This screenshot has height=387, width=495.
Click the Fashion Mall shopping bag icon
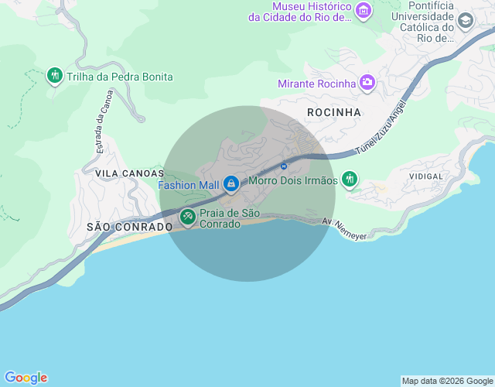[x=230, y=184]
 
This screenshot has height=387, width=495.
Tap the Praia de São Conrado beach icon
[x=188, y=218]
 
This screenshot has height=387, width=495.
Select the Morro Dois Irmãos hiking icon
[x=350, y=180]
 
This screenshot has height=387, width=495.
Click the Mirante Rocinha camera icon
[x=367, y=82]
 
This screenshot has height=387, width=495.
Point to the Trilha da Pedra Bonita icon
[x=54, y=76]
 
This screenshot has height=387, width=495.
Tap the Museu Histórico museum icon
[x=364, y=11]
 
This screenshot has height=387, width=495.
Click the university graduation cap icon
[x=466, y=21]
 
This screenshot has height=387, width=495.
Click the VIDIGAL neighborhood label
[x=423, y=176]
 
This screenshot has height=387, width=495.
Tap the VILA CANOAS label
[x=129, y=173]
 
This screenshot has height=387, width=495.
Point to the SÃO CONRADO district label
[x=129, y=227]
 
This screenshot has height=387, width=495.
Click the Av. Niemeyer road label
[x=344, y=227]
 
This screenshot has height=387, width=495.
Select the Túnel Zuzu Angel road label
[x=381, y=130]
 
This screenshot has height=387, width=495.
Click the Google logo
[x=25, y=378]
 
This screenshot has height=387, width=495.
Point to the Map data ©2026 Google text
[x=446, y=381]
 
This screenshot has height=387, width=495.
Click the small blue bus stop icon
[x=284, y=166]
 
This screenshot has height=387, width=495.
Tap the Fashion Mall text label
[x=189, y=185]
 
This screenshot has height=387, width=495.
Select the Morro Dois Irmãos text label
[x=293, y=180]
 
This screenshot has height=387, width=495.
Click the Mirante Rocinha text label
[x=317, y=83]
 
